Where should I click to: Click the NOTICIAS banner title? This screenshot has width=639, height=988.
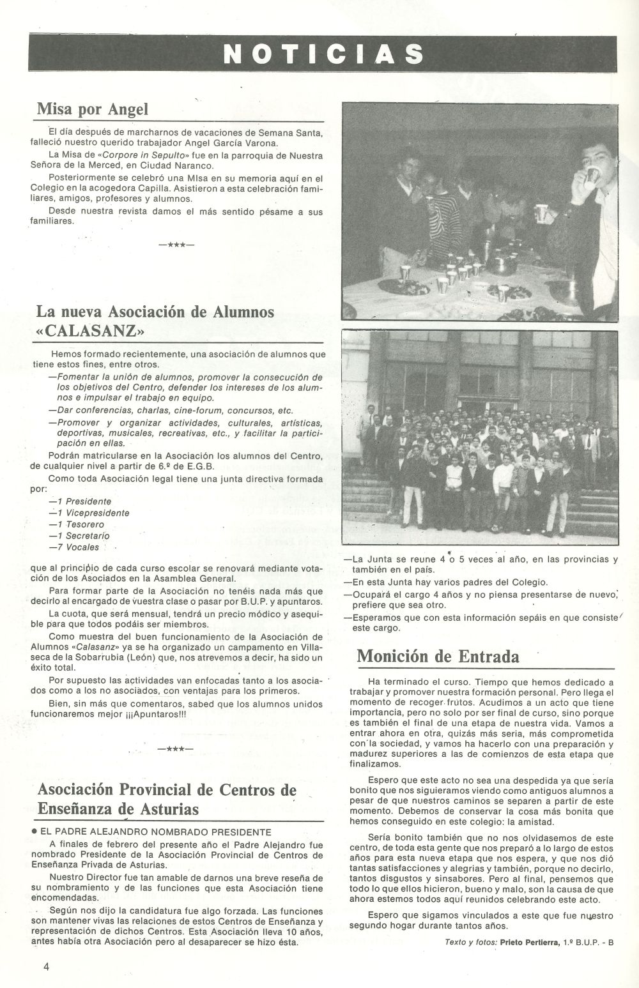322,53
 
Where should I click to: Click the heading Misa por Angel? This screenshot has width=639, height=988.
92,109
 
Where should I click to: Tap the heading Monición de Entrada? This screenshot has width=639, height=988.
438,655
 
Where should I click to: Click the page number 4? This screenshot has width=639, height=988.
47,966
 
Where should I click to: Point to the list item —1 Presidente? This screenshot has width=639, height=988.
80,501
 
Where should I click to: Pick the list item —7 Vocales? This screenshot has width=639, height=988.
74,547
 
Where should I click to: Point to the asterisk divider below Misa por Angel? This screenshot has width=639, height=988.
176,245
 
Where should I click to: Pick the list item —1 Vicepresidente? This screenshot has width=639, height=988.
89,513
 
